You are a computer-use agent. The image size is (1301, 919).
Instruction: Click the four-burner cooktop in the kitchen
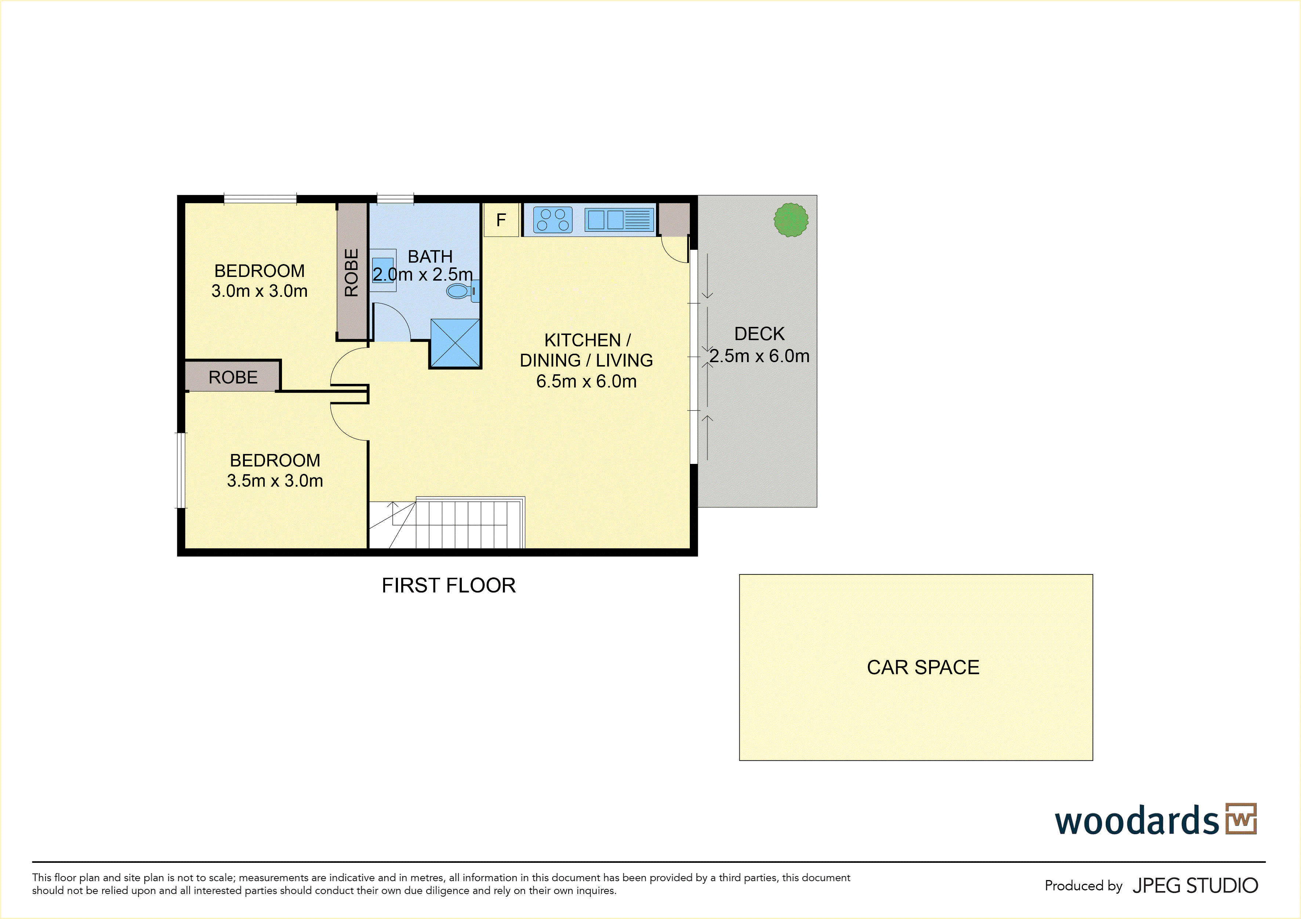552,220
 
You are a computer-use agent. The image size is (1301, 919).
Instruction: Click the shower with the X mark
455,343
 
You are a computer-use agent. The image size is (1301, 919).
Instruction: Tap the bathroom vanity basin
383,270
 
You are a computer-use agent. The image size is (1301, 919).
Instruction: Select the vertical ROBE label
351,273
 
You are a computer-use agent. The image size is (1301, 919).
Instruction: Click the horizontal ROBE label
233,377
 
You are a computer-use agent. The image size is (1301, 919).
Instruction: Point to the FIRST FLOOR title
448,585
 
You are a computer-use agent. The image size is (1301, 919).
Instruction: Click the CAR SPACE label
923,667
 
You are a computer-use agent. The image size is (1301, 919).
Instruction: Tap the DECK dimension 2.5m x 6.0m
759,356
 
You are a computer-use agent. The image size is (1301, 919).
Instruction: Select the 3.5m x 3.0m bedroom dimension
275,481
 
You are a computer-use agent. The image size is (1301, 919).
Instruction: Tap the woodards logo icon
1241,819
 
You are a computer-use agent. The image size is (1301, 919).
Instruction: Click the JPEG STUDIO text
1195,886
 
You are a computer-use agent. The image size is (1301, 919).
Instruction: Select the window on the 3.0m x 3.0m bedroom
260,198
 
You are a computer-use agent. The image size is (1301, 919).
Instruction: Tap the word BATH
430,257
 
